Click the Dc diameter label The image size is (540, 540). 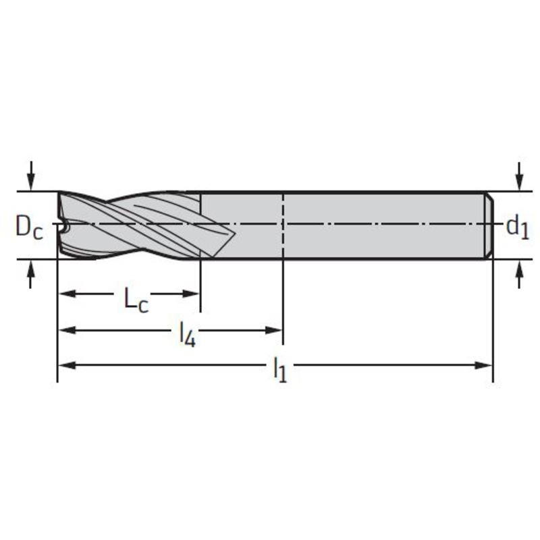tap(30, 228)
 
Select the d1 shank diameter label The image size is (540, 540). tap(517, 227)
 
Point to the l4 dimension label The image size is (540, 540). tap(188, 335)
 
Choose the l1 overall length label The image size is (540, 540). tap(280, 370)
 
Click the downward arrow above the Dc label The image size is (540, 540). tap(31, 175)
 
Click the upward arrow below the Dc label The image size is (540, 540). tap(31, 274)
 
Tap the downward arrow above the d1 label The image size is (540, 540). tap(520, 175)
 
